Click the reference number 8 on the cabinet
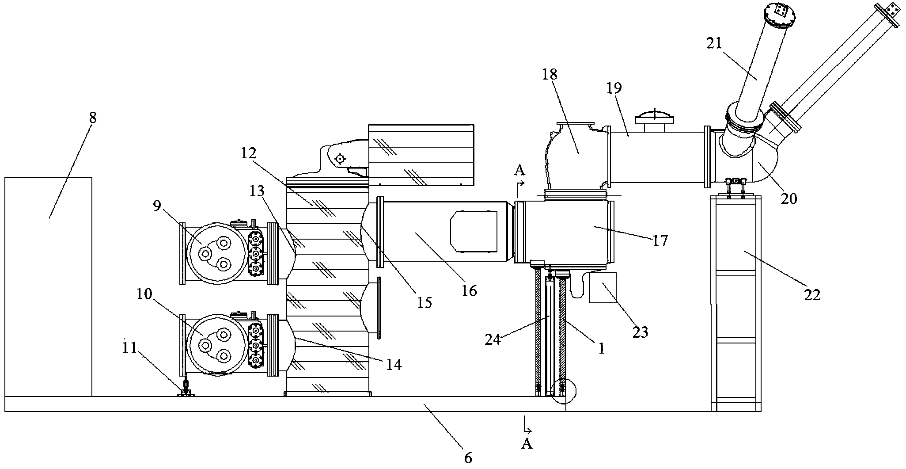(92, 118)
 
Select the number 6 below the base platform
(468, 458)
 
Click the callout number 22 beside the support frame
(812, 294)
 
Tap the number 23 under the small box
(640, 332)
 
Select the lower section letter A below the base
(527, 443)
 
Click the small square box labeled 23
(603, 288)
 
